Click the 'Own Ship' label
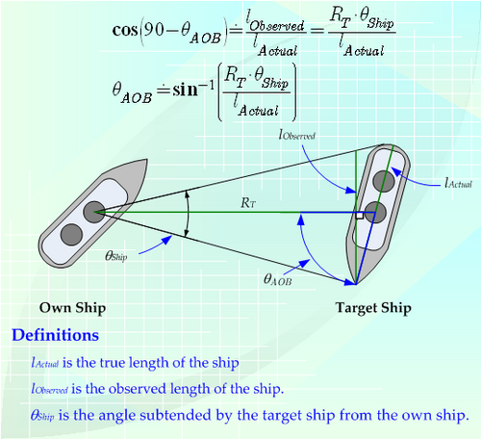(72, 308)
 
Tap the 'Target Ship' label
(373, 308)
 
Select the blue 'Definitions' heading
(55, 335)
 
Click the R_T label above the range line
(248, 203)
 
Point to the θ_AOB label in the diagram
(278, 279)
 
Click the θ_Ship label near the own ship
(116, 256)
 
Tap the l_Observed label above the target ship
(297, 135)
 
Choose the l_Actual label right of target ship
(459, 183)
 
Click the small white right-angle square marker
(360, 216)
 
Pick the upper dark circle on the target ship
(384, 181)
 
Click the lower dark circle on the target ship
(374, 212)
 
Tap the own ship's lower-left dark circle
(71, 235)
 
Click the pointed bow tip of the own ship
(147, 160)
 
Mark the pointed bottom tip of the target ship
(356, 284)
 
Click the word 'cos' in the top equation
(125, 31)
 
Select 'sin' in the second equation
(186, 90)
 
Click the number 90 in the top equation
(154, 30)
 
